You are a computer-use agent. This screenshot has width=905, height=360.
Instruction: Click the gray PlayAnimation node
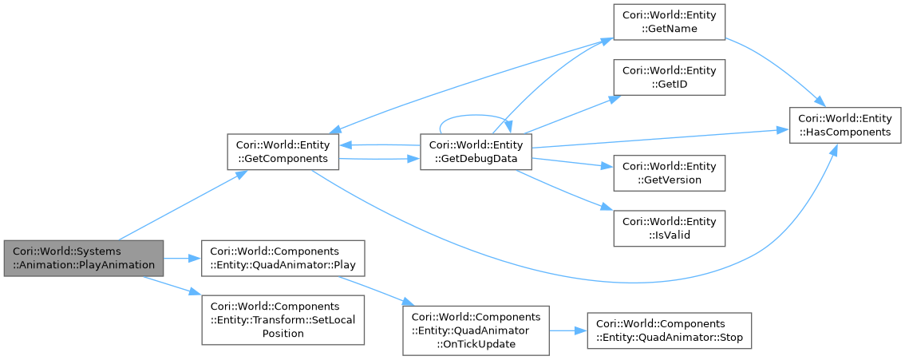click(x=83, y=259)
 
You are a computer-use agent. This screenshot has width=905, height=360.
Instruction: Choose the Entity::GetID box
click(x=668, y=77)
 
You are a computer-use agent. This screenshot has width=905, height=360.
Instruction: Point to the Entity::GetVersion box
click(x=668, y=172)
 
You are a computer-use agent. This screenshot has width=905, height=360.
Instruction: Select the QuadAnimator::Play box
click(x=283, y=258)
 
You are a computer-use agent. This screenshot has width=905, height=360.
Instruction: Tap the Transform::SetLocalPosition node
click(x=283, y=320)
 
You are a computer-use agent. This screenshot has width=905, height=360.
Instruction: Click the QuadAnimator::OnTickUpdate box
click(x=476, y=329)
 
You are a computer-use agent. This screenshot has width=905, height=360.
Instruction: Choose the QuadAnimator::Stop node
click(x=669, y=329)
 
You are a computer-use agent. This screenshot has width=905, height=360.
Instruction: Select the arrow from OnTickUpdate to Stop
click(x=568, y=329)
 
